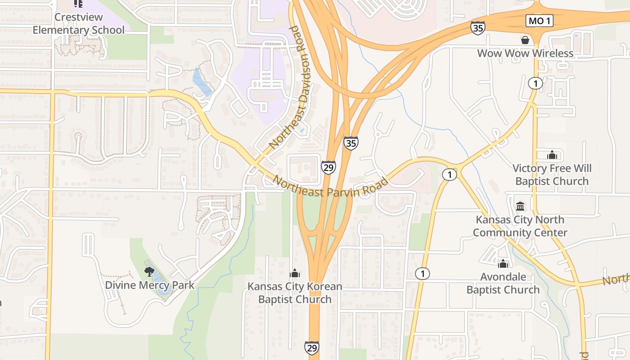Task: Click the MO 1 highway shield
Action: coord(539,21)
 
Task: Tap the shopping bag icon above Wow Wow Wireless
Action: coord(525,40)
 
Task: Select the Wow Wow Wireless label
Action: coord(525,53)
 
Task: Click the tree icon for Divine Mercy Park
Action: coord(149,271)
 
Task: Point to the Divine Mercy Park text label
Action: coord(149,285)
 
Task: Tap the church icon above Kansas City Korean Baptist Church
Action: coord(295,273)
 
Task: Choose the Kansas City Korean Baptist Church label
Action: coord(295,293)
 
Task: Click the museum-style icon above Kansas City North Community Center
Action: coord(520,207)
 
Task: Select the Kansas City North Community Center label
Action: coord(520,226)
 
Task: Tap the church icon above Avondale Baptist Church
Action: coord(503,263)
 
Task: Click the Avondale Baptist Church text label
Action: coord(503,283)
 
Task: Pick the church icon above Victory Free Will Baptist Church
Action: coord(552,155)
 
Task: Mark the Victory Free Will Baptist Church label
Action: coord(552,175)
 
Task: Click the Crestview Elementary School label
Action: coord(78,23)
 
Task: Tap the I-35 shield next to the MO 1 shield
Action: coord(478,28)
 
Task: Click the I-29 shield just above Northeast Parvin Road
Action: coord(328,167)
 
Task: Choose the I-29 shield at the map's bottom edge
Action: coord(312,347)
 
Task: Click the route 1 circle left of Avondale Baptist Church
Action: coord(422,273)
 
